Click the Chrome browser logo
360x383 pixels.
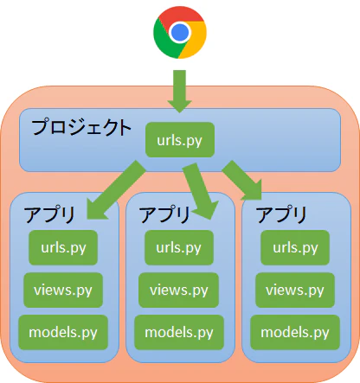tap(180, 32)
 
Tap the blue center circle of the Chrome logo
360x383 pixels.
tap(180, 32)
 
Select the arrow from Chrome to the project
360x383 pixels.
tap(179, 91)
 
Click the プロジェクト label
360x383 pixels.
tap(81, 127)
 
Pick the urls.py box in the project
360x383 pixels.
tap(180, 140)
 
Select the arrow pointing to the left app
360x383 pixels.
tap(116, 190)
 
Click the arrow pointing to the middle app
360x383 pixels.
tap(200, 191)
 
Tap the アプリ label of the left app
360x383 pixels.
tap(49, 214)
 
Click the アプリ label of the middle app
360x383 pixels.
tap(164, 214)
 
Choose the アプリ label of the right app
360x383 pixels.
tap(281, 214)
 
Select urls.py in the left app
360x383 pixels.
tap(63, 247)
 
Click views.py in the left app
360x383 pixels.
tap(63, 290)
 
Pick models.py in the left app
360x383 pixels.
tap(63, 332)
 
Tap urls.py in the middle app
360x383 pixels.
tap(179, 247)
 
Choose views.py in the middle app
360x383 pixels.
tap(179, 290)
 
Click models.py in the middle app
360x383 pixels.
tap(179, 332)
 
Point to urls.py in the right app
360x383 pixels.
tap(295, 247)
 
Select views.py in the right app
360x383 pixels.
tap(295, 290)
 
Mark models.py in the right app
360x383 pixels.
tap(295, 332)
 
